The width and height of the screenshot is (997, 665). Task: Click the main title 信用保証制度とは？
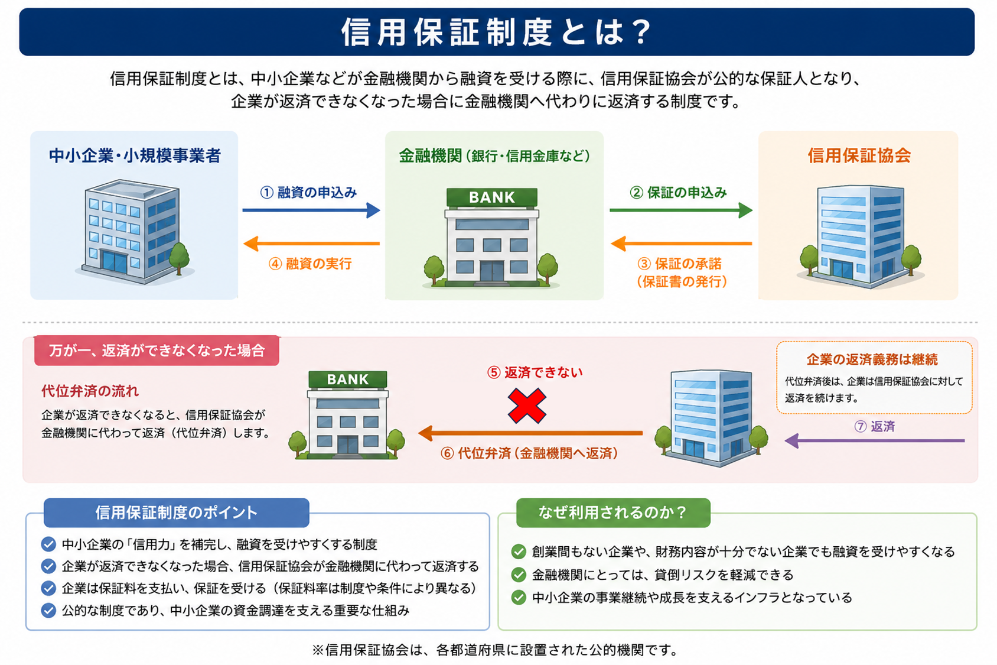[496, 32]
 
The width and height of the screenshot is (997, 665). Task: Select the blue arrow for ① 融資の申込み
[311, 210]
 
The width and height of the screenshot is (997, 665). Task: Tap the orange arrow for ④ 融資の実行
[311, 244]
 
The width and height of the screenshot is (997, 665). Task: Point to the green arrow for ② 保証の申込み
[681, 210]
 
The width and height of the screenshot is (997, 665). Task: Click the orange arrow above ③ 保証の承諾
[681, 244]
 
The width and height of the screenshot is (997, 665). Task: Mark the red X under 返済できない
[527, 406]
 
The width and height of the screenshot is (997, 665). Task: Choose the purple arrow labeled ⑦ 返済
[874, 441]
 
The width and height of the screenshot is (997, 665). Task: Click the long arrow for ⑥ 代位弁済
[530, 433]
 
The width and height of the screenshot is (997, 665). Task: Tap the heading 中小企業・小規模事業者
[135, 156]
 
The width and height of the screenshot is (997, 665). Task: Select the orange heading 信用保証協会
[859, 155]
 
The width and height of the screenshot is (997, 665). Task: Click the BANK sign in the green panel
[492, 197]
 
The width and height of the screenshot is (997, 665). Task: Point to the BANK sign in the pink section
[348, 379]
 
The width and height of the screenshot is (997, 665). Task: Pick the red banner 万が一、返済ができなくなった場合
[157, 351]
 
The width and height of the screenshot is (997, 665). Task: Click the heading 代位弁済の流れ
[90, 391]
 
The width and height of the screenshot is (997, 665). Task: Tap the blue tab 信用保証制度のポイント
[176, 512]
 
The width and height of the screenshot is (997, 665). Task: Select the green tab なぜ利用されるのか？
[613, 512]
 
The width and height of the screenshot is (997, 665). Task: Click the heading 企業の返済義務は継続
[872, 359]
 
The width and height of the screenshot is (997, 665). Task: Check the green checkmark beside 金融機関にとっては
[519, 575]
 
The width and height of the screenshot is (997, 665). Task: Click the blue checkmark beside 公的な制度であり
[48, 610]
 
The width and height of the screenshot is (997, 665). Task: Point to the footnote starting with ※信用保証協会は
[495, 650]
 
